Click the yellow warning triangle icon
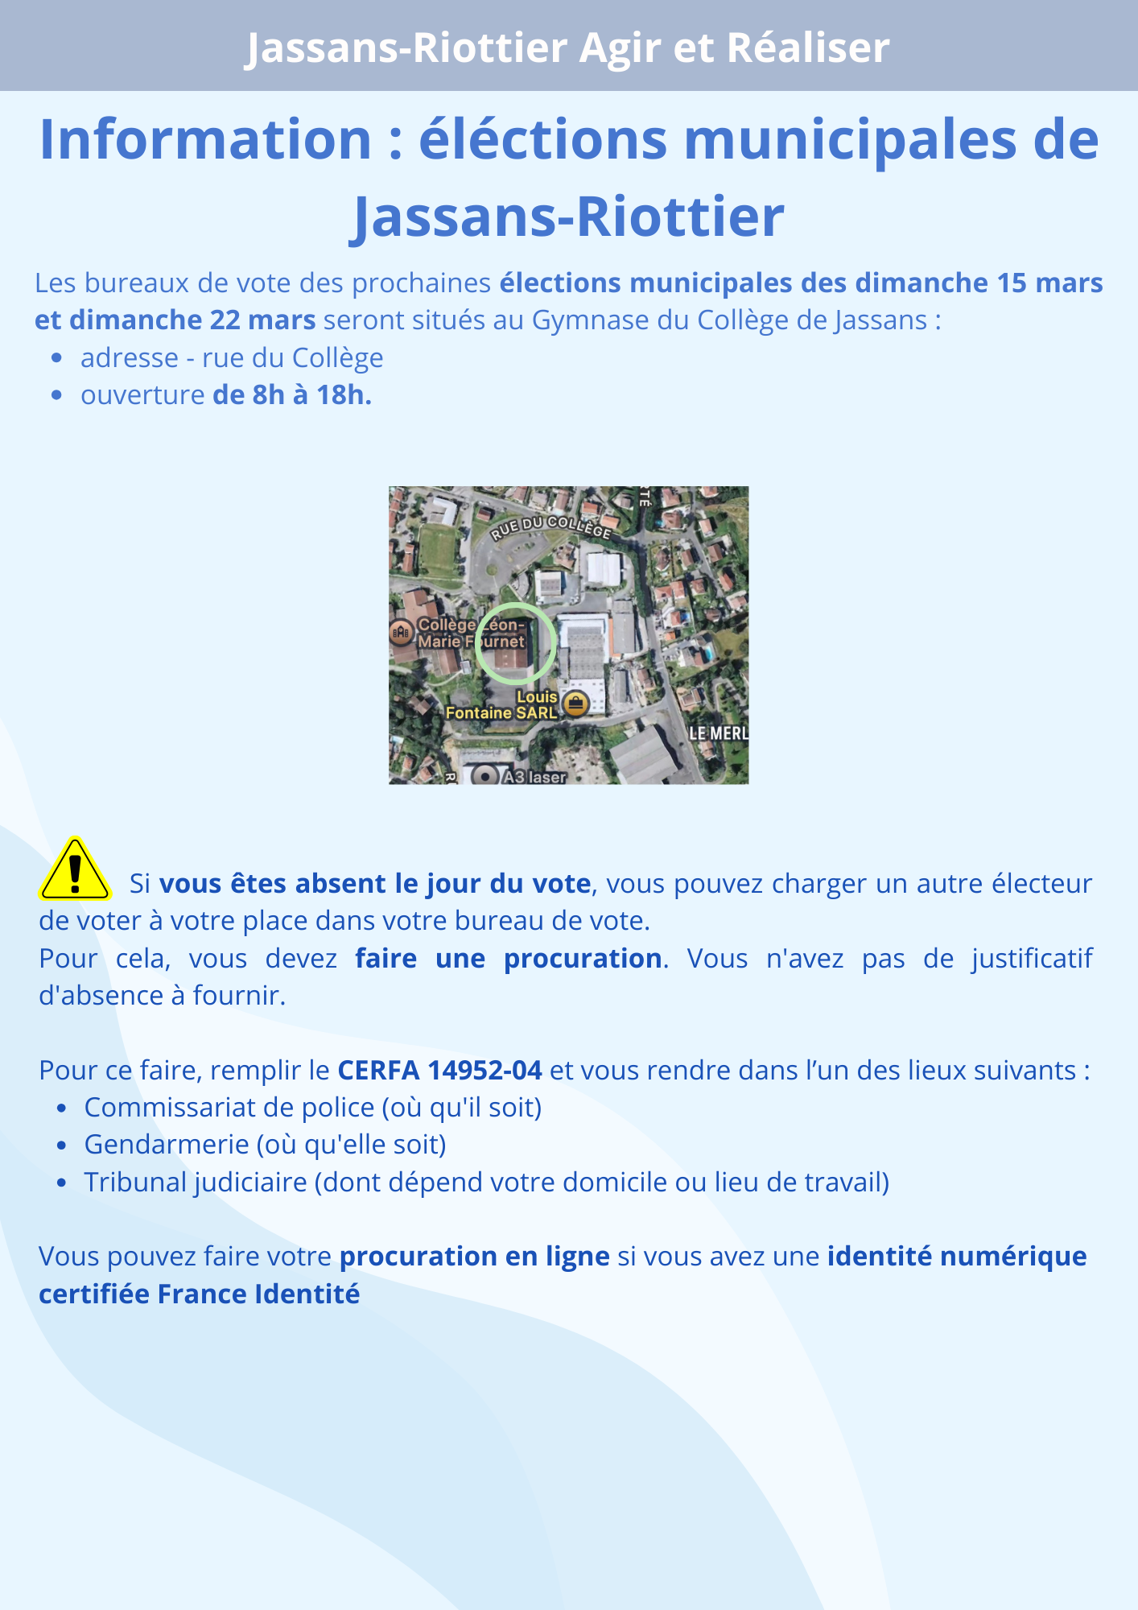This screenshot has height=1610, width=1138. [75, 871]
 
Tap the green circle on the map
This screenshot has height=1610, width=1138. [515, 643]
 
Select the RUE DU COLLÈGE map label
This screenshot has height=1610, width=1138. [551, 527]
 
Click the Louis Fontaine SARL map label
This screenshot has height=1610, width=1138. [502, 705]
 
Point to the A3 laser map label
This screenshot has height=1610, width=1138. [534, 777]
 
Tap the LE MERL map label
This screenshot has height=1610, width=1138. [719, 733]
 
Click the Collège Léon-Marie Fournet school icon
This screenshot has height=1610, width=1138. [402, 633]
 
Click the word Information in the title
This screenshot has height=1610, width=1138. [205, 140]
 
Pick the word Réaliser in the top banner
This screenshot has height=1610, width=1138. [808, 47]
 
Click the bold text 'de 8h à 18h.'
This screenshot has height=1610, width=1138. [292, 395]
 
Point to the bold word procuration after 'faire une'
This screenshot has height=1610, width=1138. [583, 959]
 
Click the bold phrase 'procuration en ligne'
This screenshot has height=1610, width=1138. [474, 1257]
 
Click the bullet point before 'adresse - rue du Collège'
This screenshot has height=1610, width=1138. [56, 358]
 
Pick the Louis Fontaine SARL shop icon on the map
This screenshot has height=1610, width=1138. [575, 704]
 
